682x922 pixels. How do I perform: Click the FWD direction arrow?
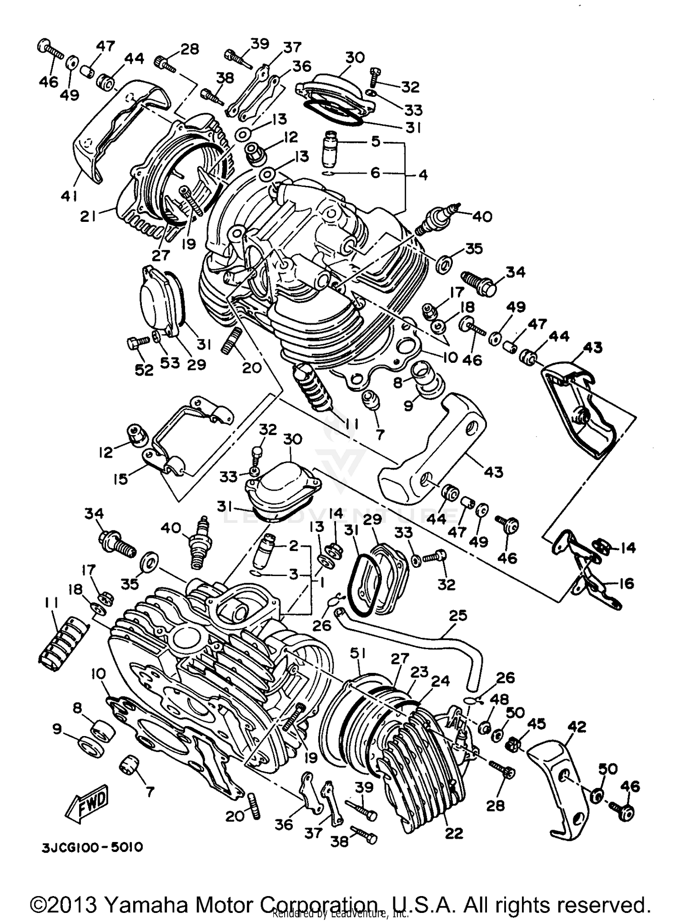[x=88, y=803]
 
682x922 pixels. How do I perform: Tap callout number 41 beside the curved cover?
[x=69, y=195]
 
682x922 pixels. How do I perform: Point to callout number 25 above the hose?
[x=457, y=616]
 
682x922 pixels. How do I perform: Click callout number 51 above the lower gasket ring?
[x=358, y=653]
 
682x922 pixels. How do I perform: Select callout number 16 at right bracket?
[x=627, y=583]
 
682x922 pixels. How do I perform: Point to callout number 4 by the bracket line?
[x=423, y=174]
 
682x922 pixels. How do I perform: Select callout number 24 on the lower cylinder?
[x=440, y=681]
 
